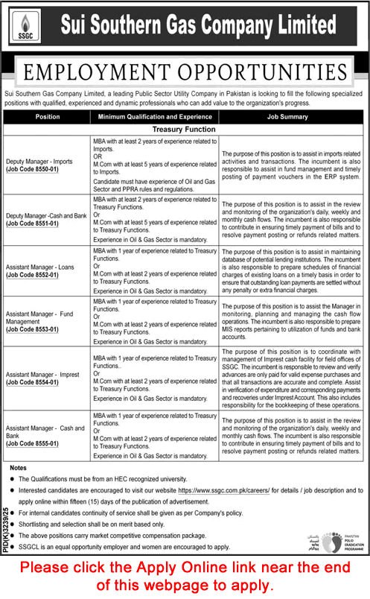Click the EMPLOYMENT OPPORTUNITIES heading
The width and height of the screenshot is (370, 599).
[x=185, y=72]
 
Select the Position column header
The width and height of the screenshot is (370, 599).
[x=48, y=117]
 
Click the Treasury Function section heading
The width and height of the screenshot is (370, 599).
[x=184, y=130]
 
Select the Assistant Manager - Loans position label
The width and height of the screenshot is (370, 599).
[x=42, y=265]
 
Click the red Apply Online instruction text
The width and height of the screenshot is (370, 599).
[x=185, y=575]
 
